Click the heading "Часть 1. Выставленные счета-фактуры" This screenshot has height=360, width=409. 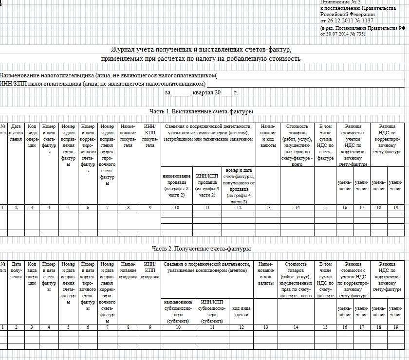tap(201, 111)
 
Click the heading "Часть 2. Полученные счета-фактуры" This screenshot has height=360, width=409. tap(201, 249)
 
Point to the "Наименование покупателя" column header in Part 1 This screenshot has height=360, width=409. tap(128, 136)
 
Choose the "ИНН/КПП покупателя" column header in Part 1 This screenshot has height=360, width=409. tap(149, 136)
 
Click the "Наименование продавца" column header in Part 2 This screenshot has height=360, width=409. tap(128, 270)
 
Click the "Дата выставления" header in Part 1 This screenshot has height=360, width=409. tap(16, 132)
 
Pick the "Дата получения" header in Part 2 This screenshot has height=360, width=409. tap(16, 270)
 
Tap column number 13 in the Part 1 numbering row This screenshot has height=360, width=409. tap(268, 208)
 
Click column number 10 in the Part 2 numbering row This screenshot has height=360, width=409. tap(178, 327)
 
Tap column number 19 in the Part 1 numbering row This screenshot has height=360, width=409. tap(395, 208)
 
